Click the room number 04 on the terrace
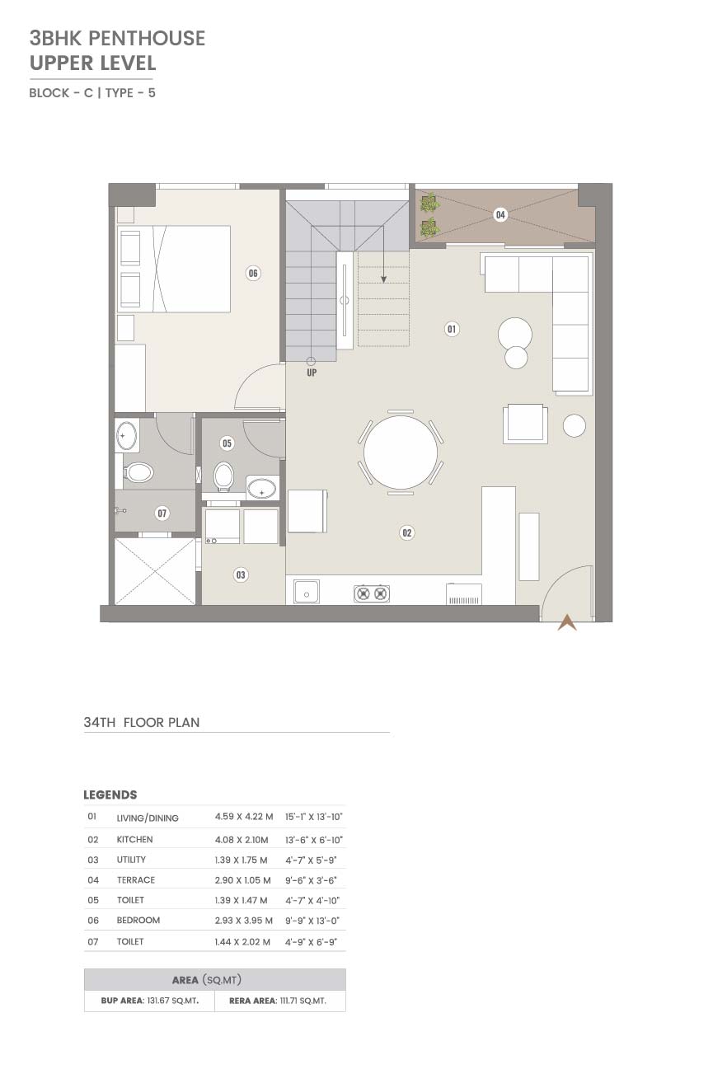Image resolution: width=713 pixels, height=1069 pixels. pos(500,215)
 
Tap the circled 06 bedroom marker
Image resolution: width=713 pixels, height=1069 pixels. pos(253,274)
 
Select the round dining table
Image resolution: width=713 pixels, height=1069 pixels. pos(401,452)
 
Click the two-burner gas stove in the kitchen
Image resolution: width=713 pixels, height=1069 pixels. pos(371,593)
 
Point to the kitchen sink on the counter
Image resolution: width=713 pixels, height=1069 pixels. pos(307,593)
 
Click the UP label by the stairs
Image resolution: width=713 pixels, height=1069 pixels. pos(312,373)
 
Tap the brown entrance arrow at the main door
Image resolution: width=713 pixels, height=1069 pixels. pos(567,622)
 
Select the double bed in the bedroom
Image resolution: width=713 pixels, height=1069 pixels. pos(174,270)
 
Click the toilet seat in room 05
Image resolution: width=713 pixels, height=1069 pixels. pos(223,476)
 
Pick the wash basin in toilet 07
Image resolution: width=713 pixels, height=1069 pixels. pos(126,435)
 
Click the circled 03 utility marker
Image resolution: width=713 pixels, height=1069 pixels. pos(241,575)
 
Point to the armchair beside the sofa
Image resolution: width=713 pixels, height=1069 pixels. pos(524,424)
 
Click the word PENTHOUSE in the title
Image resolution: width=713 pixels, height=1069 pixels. pos(147,38)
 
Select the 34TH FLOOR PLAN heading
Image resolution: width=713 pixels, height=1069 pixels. pos(141,723)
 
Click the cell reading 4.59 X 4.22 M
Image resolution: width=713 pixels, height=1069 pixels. pos(244,817)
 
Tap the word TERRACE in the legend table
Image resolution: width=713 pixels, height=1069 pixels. pos(136,880)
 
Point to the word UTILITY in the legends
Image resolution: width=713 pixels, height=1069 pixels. pos(131,860)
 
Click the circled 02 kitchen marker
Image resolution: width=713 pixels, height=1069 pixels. pos(406,533)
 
